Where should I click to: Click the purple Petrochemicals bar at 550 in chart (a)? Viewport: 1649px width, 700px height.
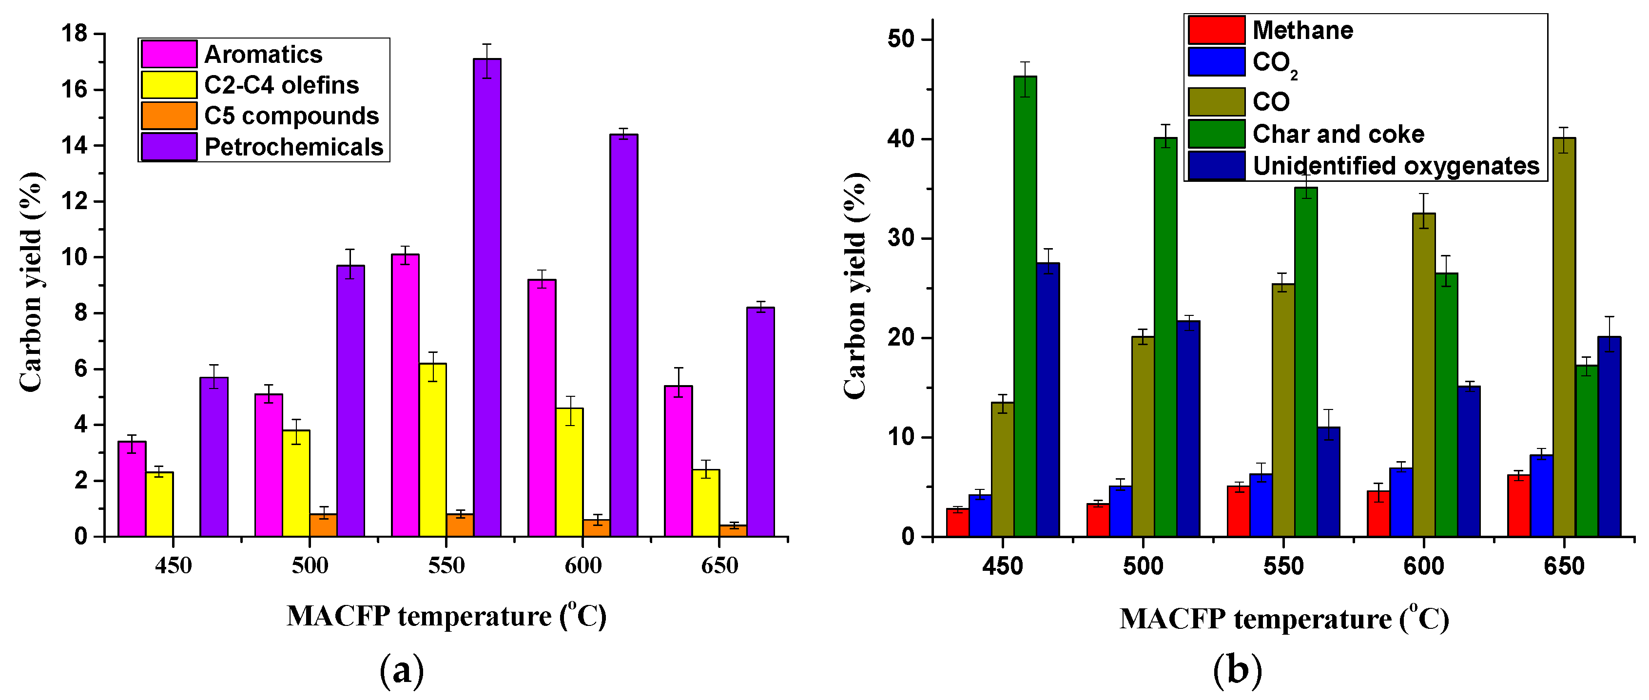click(x=487, y=298)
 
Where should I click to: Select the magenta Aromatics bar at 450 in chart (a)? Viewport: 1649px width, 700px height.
click(x=132, y=488)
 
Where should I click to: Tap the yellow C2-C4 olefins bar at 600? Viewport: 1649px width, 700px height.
click(x=569, y=472)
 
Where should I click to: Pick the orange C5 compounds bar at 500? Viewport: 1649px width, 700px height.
click(x=323, y=525)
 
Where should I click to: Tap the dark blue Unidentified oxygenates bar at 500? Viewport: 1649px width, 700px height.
click(x=1188, y=428)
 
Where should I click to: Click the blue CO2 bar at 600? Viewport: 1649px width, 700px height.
click(x=1400, y=502)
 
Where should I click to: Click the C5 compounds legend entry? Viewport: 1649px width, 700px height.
click(x=291, y=116)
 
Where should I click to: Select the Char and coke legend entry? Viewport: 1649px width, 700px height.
click(x=1338, y=134)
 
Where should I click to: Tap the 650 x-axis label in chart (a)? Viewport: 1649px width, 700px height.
click(x=719, y=565)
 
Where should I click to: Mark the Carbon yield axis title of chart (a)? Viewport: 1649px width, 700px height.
click(x=31, y=282)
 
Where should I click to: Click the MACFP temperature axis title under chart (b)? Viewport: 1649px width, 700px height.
click(x=1283, y=619)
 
